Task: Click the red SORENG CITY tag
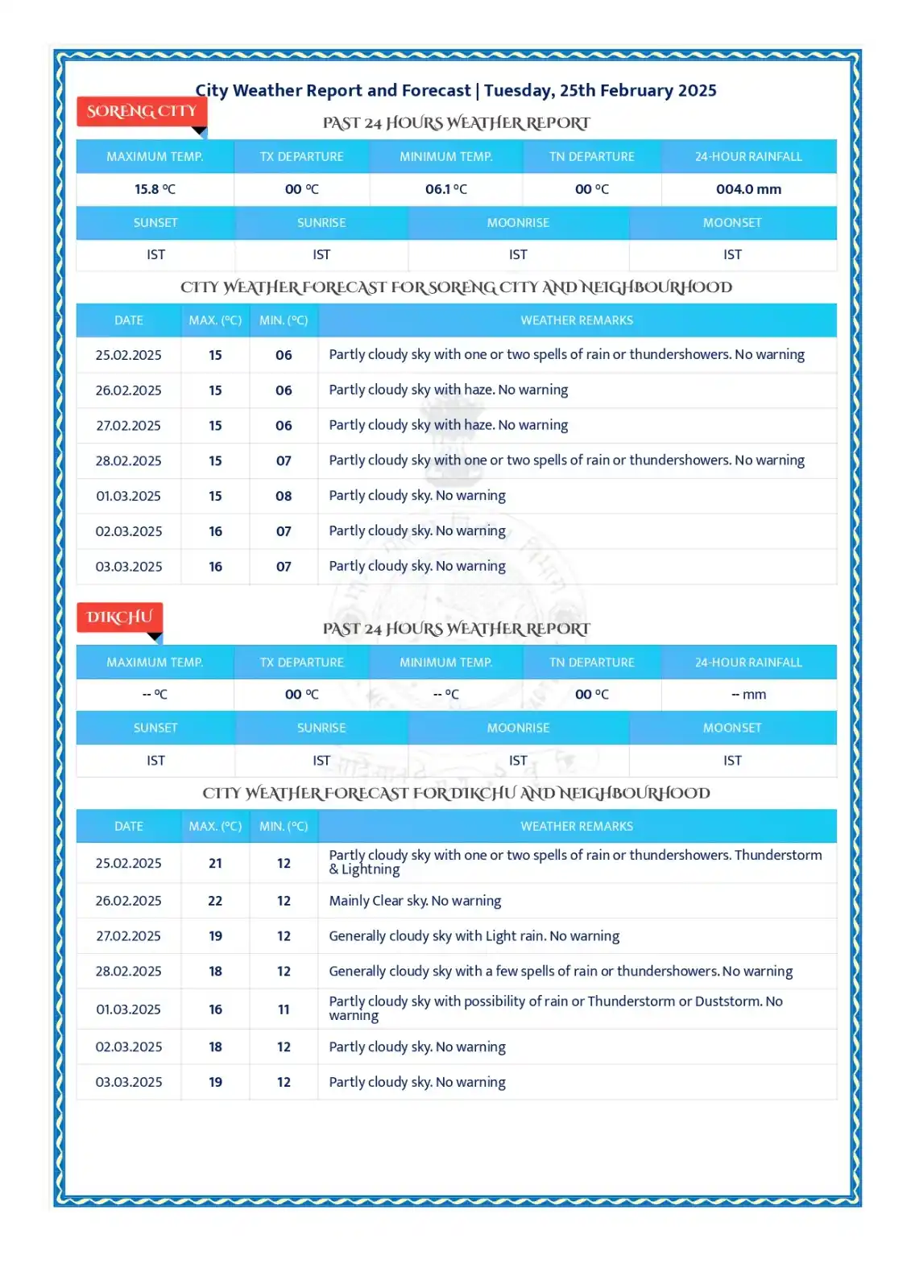tap(142, 111)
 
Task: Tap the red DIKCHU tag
tap(119, 617)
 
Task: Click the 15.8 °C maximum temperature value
tap(155, 189)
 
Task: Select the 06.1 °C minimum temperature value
tap(445, 189)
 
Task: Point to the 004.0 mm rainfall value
tap(748, 189)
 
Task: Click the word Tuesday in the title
tap(518, 90)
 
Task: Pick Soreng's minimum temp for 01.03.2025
tap(284, 496)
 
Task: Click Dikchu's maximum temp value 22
tap(215, 901)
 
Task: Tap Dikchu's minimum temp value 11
tap(284, 1009)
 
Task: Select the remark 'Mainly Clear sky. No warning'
tap(415, 901)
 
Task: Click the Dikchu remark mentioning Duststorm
tap(555, 1008)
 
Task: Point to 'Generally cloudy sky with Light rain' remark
tap(474, 936)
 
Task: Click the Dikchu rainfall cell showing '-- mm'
tap(748, 695)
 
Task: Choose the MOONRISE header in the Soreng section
tap(518, 223)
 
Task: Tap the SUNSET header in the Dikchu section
tap(155, 728)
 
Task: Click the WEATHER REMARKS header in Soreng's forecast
tap(577, 320)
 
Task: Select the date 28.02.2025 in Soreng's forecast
tap(129, 461)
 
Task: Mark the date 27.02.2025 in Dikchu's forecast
tap(129, 936)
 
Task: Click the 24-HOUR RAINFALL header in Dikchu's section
tap(748, 663)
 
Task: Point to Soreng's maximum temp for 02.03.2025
tap(215, 531)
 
